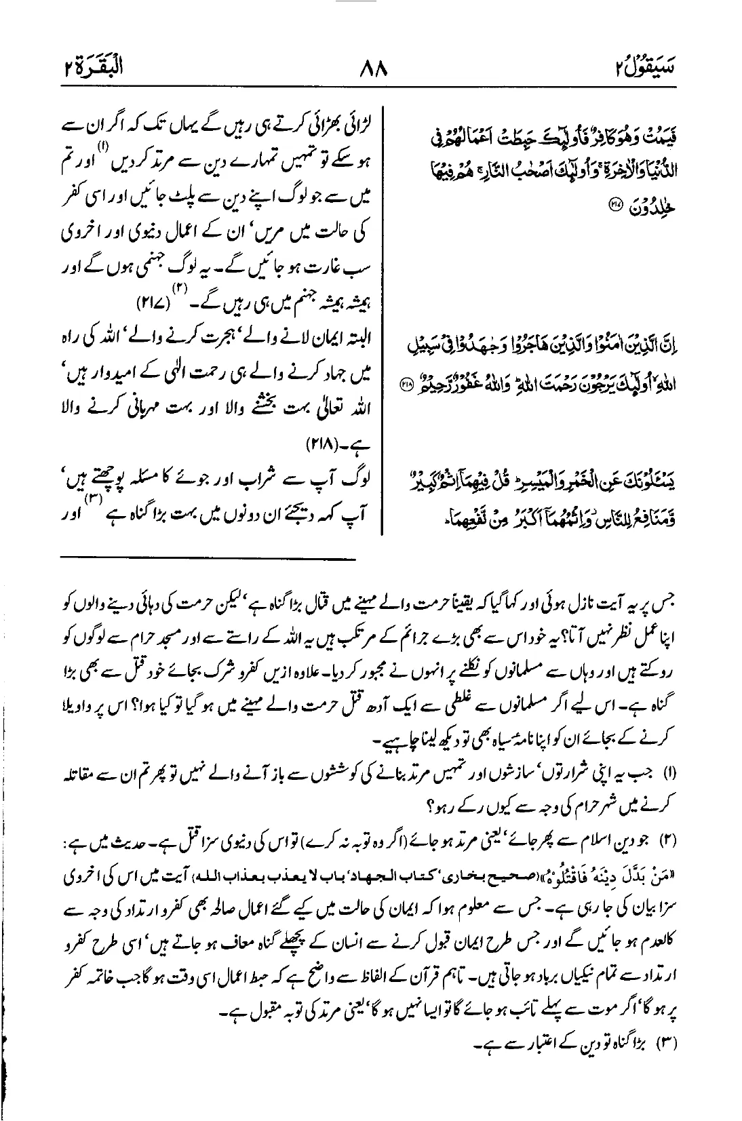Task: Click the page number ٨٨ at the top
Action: point(370,69)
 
